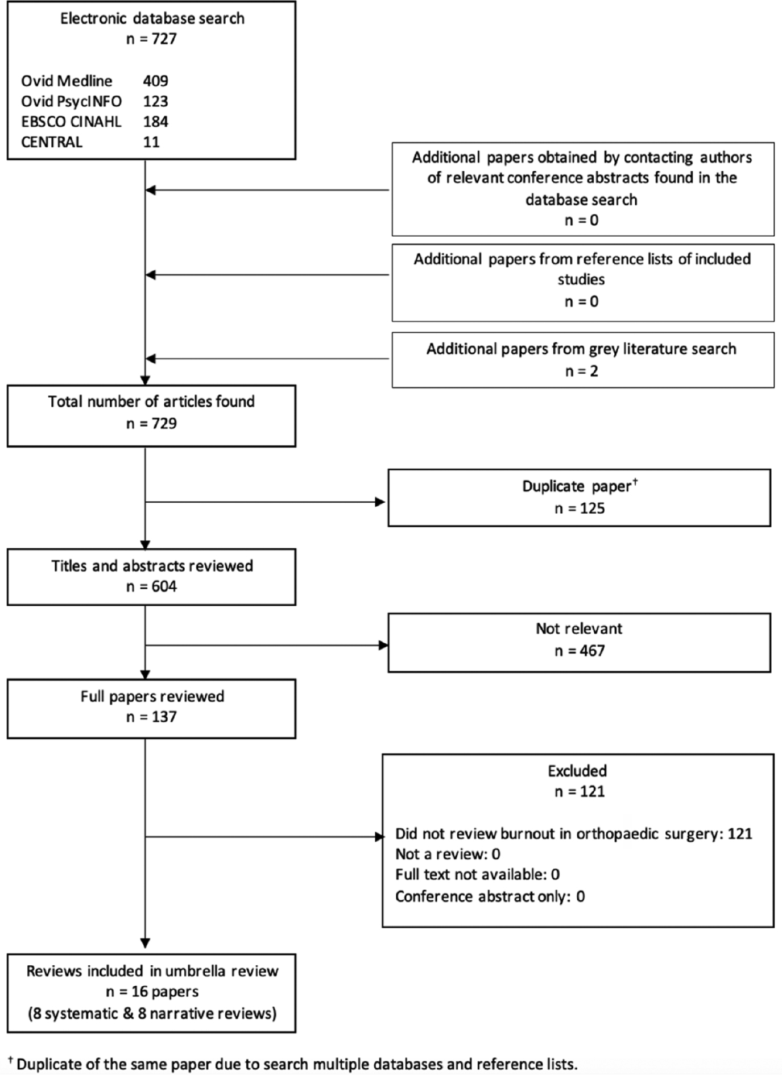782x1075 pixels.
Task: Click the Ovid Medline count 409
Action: point(155,81)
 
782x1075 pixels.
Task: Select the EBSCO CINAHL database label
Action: point(71,122)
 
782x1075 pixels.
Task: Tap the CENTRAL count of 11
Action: point(151,142)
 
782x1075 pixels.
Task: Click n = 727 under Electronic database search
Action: point(151,39)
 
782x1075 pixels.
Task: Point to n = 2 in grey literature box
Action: point(581,371)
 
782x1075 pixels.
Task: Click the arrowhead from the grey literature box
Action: point(151,359)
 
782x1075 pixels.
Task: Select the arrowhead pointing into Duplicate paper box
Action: point(380,502)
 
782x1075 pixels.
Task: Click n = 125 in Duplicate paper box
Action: point(580,508)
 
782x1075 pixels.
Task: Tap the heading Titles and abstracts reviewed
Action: point(152,566)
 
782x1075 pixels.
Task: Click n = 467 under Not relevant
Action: point(580,651)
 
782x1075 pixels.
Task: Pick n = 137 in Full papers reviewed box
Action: point(151,717)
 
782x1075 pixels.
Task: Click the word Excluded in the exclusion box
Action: point(577,771)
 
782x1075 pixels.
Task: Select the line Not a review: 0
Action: point(448,854)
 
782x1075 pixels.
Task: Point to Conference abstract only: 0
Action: point(490,897)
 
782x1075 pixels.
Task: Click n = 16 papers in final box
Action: point(152,992)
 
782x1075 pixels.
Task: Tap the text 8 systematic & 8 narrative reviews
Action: point(152,1014)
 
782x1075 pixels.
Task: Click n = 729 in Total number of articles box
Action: point(151,424)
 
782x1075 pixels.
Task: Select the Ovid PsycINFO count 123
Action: point(155,101)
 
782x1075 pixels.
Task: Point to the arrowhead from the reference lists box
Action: point(151,275)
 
